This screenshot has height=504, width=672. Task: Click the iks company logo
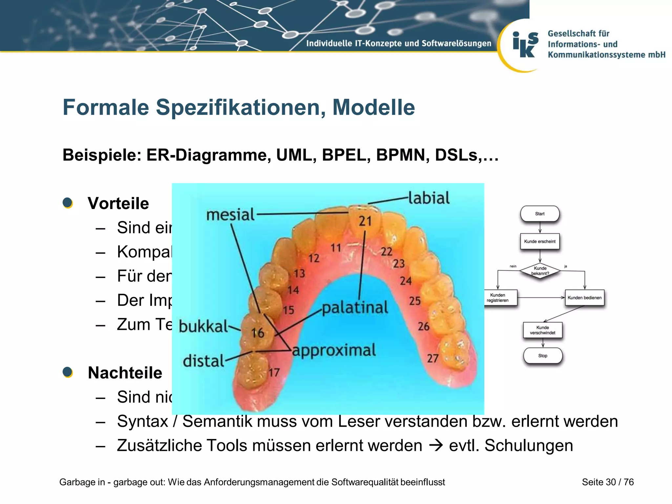[x=525, y=45]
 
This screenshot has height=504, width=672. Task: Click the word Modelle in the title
[x=373, y=107]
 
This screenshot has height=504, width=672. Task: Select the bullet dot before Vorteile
[x=68, y=203]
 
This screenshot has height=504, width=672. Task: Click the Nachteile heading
[x=125, y=373]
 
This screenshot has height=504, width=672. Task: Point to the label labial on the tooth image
[x=429, y=198]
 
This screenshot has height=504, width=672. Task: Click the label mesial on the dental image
[x=230, y=215]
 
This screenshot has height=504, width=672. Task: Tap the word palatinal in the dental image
[x=355, y=308]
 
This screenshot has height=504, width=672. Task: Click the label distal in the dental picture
[x=203, y=361]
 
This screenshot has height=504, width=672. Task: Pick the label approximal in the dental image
[x=334, y=350]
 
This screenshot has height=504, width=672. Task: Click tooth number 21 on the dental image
[x=365, y=221]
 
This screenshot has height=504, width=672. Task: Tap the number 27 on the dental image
[x=432, y=358]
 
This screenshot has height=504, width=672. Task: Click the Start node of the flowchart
[x=540, y=214]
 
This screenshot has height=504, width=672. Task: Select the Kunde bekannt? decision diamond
[x=540, y=271]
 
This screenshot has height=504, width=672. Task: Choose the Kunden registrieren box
[x=497, y=298]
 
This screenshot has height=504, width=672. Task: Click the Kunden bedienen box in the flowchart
[x=584, y=298]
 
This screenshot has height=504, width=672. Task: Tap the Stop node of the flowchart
[x=543, y=356]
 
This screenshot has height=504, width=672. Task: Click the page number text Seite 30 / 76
[x=608, y=482]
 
